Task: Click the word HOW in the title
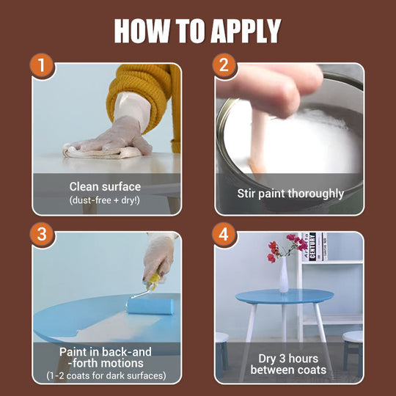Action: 142,30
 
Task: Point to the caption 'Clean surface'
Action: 106,186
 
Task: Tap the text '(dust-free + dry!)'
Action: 106,200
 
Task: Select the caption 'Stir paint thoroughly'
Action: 290,194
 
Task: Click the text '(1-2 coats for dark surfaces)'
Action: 106,376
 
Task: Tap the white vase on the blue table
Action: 284,274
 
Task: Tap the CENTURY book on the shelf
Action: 311,248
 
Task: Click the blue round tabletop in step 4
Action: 285,298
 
